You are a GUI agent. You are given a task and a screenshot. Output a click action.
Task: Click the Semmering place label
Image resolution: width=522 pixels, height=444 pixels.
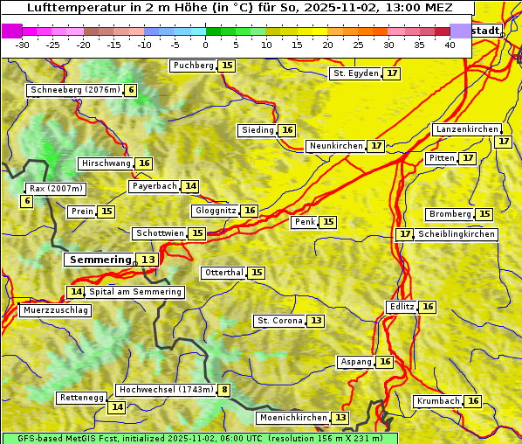pyautogui.click(x=100, y=260)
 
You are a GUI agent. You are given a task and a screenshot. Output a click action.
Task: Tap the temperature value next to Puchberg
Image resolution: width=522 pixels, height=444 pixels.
pyautogui.click(x=227, y=66)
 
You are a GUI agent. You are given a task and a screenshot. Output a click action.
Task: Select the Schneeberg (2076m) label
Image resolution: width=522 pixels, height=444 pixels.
pyautogui.click(x=74, y=90)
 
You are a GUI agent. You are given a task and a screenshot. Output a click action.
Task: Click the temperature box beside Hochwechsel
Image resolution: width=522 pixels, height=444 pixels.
pyautogui.click(x=225, y=390)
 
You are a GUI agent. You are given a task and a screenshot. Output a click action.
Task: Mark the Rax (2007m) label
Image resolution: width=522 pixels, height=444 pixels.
pyautogui.click(x=56, y=189)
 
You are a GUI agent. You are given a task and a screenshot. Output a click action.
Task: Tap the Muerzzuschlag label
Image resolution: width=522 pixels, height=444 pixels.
pyautogui.click(x=55, y=310)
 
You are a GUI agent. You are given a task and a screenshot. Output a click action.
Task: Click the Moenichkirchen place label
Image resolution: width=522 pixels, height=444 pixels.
pyautogui.click(x=293, y=418)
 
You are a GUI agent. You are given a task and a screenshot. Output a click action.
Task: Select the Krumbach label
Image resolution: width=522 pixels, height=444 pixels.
pyautogui.click(x=438, y=401)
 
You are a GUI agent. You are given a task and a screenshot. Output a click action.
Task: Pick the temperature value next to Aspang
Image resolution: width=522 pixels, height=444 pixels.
pyautogui.click(x=385, y=362)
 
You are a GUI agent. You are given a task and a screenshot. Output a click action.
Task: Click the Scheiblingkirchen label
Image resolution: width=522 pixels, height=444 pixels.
pyautogui.click(x=457, y=234)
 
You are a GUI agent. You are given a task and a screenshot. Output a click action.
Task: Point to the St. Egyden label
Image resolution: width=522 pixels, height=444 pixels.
pyautogui.click(x=356, y=73)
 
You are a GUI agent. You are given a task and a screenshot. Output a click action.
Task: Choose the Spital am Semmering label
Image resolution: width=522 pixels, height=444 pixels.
pyautogui.click(x=135, y=292)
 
